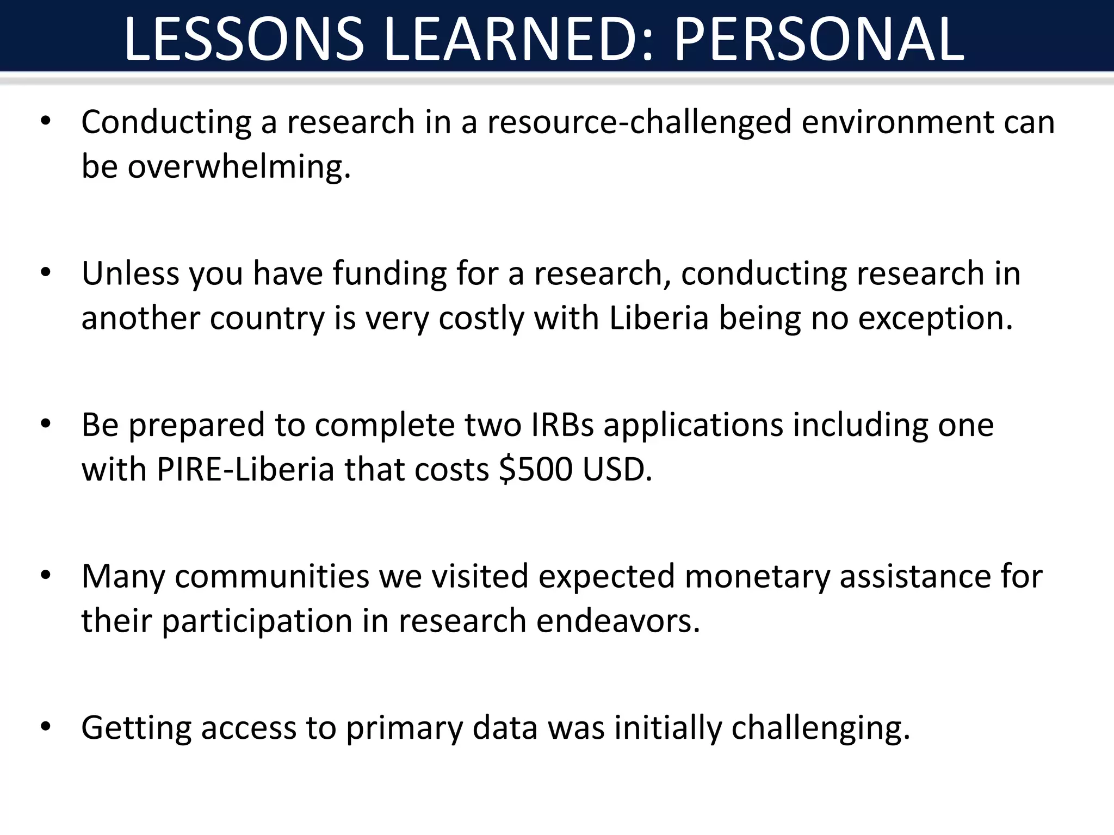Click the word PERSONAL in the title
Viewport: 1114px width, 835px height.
[819, 39]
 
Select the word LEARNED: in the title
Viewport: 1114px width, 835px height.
[523, 39]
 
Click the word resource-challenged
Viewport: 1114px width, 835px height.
[639, 122]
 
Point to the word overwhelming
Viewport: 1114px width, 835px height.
[239, 166]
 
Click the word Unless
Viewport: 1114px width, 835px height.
[130, 273]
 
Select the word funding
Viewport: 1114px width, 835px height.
[389, 273]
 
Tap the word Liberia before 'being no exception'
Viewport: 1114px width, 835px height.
[659, 318]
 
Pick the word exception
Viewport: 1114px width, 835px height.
[936, 319]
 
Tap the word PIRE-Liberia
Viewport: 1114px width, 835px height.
[245, 469]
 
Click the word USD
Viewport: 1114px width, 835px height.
[617, 469]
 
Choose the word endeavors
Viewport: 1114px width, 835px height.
[618, 621]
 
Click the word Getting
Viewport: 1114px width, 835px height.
[136, 728]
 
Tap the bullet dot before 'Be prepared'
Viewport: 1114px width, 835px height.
[46, 423]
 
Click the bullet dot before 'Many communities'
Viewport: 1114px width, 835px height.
[46, 575]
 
